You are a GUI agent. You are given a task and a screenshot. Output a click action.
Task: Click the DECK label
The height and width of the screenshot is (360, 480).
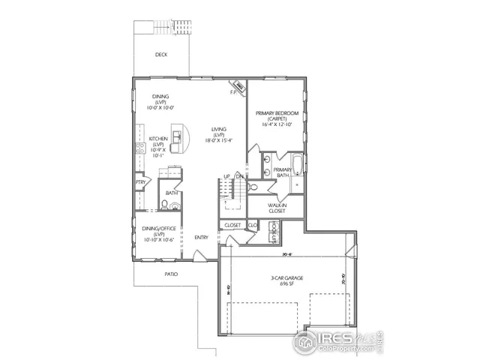160,55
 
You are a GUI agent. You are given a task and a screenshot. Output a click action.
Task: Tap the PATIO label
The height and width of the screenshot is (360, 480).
172,274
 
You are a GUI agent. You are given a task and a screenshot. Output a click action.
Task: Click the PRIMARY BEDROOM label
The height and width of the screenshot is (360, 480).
277,114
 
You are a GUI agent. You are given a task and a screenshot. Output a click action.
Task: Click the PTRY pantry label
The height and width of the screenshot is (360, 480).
140,182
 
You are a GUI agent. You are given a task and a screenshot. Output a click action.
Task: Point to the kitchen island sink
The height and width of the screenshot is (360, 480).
177,136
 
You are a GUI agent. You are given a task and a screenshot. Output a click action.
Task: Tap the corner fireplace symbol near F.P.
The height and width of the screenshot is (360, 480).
239,87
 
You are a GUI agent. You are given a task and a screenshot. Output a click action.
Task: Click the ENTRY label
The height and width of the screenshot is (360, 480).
202,238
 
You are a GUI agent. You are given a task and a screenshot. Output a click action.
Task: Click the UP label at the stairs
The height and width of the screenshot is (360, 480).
226,176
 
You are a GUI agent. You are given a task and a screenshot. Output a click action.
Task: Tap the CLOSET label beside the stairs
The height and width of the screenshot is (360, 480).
232,224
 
